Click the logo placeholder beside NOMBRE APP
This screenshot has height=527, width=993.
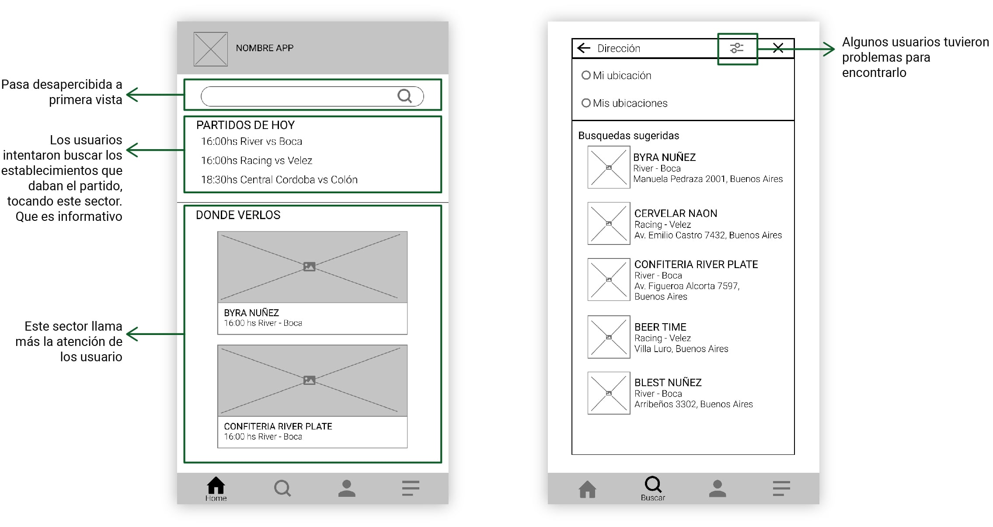[x=210, y=49]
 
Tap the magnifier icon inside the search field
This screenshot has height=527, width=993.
[x=405, y=96]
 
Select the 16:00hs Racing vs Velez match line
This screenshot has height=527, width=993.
[x=256, y=161]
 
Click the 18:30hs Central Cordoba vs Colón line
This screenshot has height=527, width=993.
[x=279, y=180]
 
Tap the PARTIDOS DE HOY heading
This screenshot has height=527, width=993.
[x=245, y=125]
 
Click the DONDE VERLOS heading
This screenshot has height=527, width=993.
[x=238, y=215]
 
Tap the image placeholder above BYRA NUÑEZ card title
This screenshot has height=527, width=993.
[x=312, y=267]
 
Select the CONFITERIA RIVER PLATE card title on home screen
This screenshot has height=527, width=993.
[x=278, y=426]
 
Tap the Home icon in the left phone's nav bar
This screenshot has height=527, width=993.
[x=216, y=485]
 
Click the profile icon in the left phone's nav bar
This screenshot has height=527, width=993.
[x=347, y=488]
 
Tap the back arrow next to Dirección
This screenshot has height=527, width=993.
[x=584, y=48]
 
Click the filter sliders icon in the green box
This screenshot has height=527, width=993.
[x=737, y=48]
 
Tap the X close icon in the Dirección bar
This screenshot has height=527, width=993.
[x=778, y=48]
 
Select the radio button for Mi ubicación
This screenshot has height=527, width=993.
[x=586, y=75]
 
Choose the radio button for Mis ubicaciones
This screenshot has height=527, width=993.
[x=586, y=103]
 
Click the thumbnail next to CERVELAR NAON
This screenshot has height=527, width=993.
[x=609, y=223]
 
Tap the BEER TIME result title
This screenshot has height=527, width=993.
[x=660, y=327]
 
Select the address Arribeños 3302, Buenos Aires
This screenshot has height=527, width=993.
[x=693, y=404]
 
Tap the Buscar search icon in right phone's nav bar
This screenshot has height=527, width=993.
[x=653, y=484]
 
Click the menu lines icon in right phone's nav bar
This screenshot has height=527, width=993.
[x=781, y=488]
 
